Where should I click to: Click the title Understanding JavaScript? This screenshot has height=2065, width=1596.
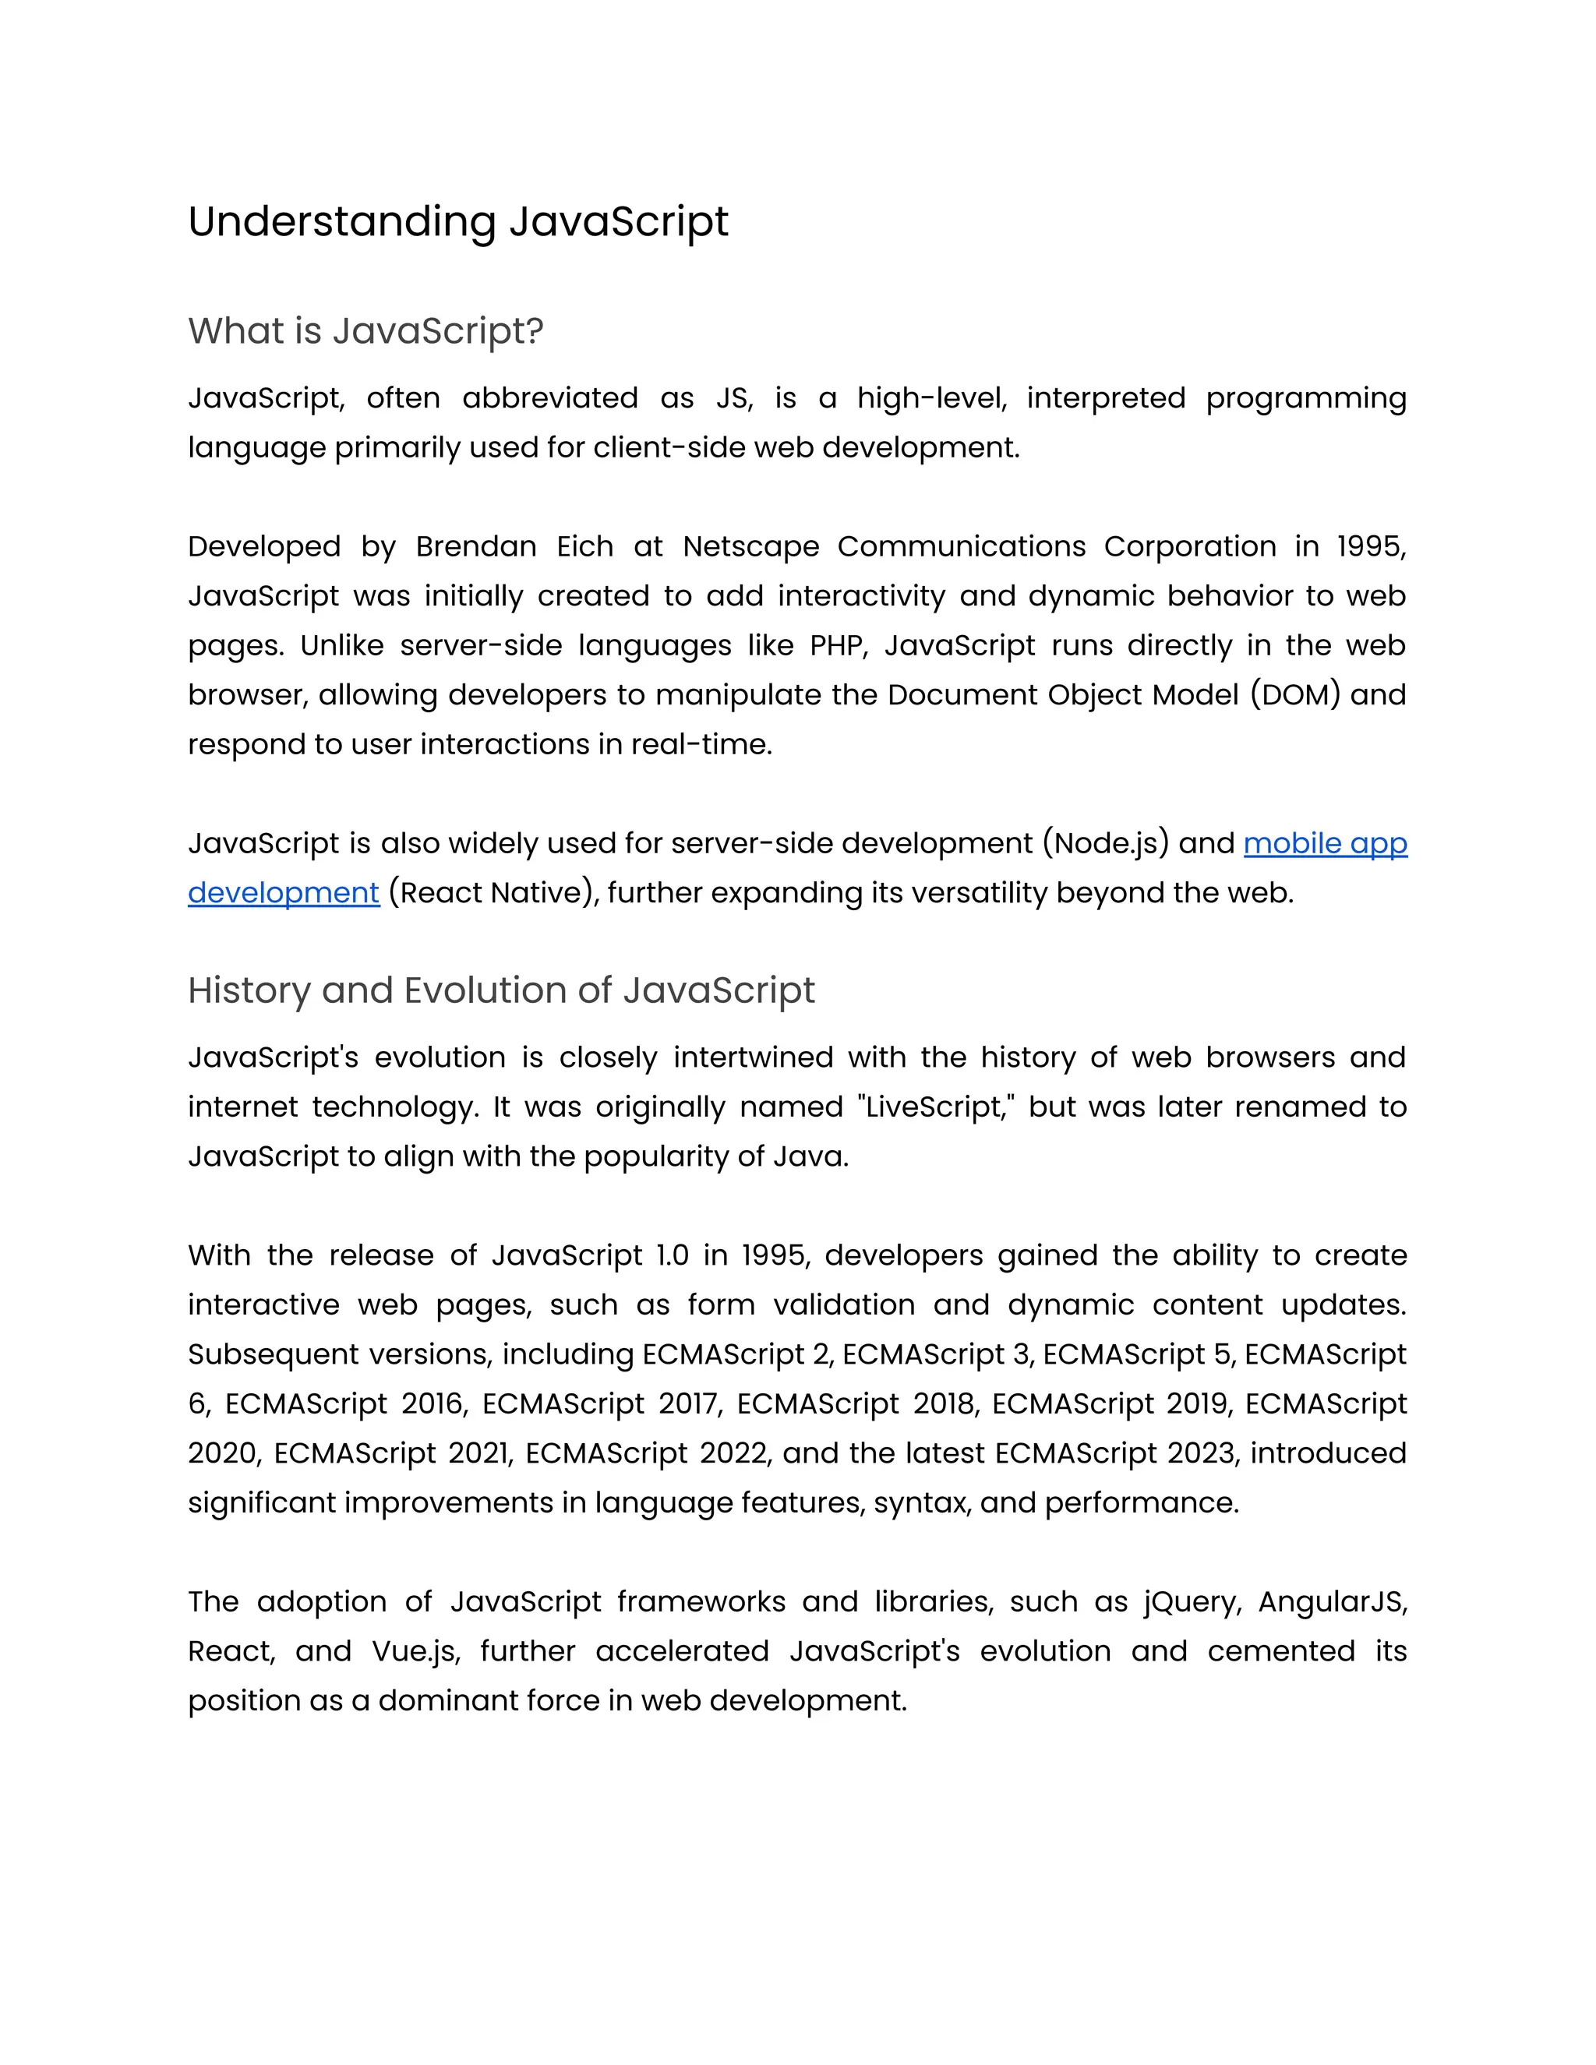(x=457, y=222)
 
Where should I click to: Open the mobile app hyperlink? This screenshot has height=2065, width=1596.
(x=1325, y=842)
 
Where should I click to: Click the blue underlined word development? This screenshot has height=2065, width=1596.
(x=284, y=891)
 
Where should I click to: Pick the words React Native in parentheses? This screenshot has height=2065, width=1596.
(x=493, y=891)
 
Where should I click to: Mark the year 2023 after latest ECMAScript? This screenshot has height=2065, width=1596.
(x=1201, y=1453)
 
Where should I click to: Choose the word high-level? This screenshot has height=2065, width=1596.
(x=931, y=398)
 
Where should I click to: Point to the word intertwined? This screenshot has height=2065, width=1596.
(x=753, y=1057)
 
